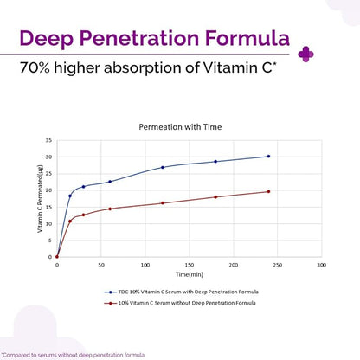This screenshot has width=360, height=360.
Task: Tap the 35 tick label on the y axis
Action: coord(48,140)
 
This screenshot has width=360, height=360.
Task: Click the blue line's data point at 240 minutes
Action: coord(268,157)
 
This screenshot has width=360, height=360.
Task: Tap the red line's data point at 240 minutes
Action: coord(268,191)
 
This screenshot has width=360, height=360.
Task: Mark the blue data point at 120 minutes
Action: coord(163,167)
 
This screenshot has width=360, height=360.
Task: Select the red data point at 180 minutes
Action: coord(215,197)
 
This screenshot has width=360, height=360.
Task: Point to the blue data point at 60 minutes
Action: coord(110,182)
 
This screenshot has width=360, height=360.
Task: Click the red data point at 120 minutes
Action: coord(163,203)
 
